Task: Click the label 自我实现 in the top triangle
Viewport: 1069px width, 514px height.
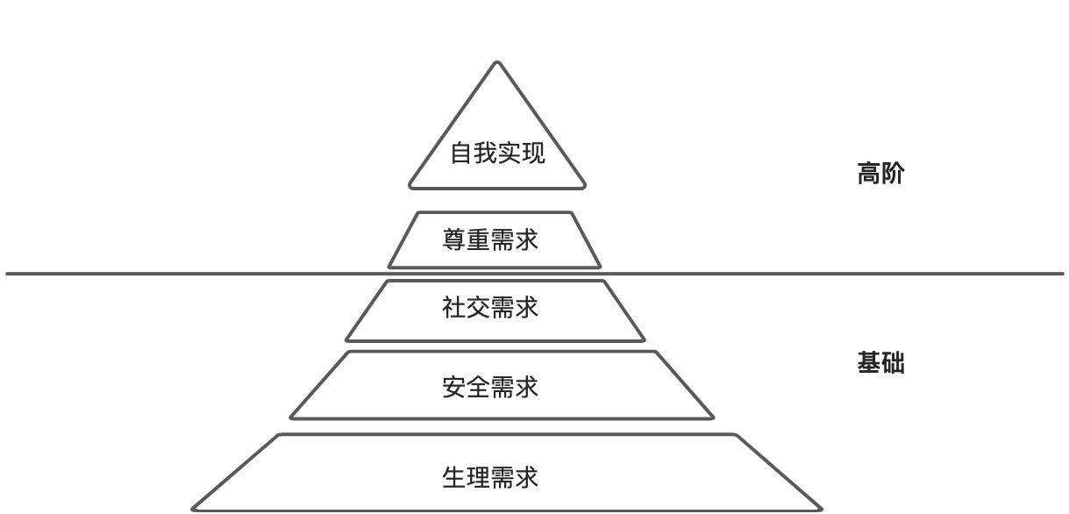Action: point(497,153)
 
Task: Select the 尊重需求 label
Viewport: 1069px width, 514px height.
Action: point(490,239)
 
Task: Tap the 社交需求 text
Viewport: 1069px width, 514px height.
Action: point(490,308)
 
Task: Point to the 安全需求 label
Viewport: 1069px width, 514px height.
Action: point(490,387)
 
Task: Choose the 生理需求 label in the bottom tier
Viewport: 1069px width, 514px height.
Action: point(490,478)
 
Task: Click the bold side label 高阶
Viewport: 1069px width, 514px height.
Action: point(880,174)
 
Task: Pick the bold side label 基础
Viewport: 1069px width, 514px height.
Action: point(880,363)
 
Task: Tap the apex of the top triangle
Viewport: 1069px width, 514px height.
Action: point(497,62)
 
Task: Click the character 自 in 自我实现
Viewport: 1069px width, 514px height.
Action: point(461,153)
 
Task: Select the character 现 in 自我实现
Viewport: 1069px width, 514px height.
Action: point(533,153)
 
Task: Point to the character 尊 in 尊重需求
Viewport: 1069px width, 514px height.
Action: point(454,239)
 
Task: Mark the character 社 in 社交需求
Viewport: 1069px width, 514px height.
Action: point(454,308)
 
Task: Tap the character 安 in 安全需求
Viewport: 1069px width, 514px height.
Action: point(454,387)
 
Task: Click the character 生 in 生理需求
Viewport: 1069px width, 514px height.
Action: point(454,478)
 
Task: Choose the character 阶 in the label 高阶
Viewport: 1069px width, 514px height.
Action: point(892,174)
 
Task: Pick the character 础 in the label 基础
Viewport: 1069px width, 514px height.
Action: point(892,363)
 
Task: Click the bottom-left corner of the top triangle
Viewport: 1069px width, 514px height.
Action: point(411,186)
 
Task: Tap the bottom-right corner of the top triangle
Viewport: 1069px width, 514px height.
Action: point(583,186)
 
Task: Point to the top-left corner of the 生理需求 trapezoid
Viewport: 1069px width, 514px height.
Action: point(280,435)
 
